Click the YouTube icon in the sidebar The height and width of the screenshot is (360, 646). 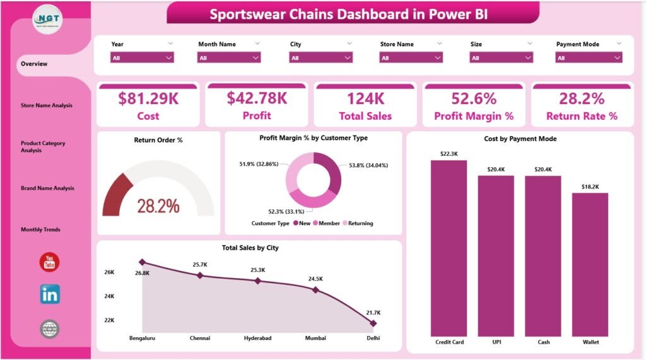click(49, 262)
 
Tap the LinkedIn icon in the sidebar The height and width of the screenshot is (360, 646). click(50, 294)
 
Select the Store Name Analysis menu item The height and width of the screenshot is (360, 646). click(46, 105)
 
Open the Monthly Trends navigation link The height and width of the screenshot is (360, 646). click(40, 229)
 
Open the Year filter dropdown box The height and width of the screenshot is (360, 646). click(142, 57)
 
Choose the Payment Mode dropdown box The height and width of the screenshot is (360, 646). click(589, 57)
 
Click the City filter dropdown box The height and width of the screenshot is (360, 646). click(320, 57)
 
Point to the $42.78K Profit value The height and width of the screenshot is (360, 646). click(257, 98)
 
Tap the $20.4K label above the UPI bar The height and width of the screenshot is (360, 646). click(496, 169)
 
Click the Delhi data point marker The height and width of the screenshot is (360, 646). click(373, 323)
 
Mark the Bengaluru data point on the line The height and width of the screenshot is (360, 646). click(143, 262)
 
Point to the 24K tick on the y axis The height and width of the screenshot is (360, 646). click(109, 296)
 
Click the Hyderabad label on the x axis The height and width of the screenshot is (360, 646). click(257, 338)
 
